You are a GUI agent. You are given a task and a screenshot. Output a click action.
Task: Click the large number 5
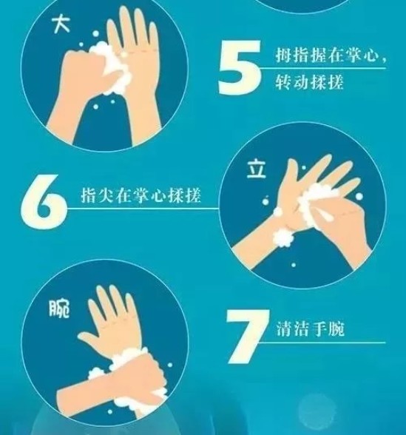240,67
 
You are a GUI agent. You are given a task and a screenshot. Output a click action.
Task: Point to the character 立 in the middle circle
257,169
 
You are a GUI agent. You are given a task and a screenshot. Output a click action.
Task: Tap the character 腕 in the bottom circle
59,308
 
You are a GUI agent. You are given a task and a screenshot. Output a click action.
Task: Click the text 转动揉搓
309,82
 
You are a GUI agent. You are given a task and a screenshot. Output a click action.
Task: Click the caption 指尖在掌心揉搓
141,195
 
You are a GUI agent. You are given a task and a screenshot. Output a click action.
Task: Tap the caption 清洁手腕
310,329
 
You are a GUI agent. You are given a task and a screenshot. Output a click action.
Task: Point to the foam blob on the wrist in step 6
282,238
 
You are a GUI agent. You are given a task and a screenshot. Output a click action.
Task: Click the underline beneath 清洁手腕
322,343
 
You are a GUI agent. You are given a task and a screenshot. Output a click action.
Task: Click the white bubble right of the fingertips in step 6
359,197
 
